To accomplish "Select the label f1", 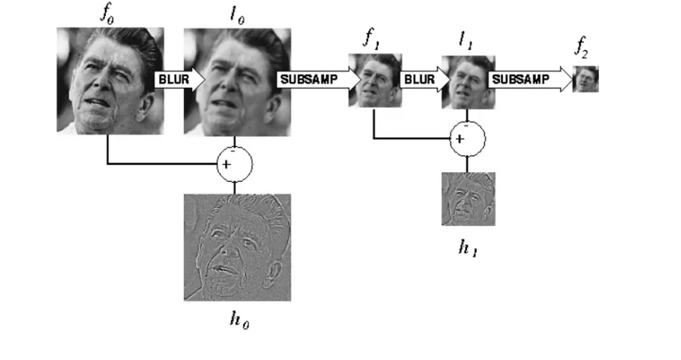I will (x=371, y=41).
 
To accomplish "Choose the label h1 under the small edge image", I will (x=468, y=247).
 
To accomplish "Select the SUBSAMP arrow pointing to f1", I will (x=313, y=78).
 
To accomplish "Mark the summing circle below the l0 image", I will (x=235, y=164).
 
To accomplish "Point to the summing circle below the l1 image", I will (x=467, y=138).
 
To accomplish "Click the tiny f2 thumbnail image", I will (x=586, y=78).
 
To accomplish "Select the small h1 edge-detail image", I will (x=468, y=198).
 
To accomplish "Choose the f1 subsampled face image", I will (x=375, y=80).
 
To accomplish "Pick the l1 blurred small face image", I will (x=467, y=82).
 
